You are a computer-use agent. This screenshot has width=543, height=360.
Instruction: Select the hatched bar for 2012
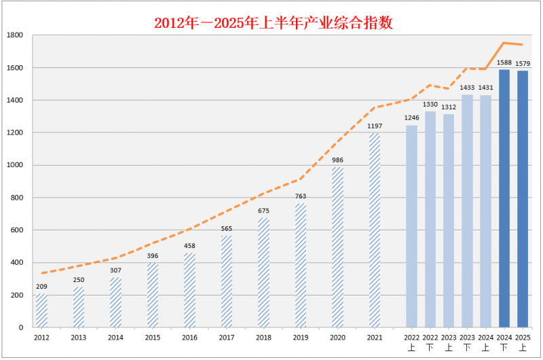[41, 310]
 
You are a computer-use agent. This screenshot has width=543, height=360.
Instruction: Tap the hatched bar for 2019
[301, 266]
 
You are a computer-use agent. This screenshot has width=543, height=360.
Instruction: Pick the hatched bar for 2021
[375, 230]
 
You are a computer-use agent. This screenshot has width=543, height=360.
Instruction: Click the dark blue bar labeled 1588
[504, 198]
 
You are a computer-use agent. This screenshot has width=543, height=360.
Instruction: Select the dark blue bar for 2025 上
[523, 199]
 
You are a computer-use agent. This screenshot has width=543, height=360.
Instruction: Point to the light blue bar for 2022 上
[411, 226]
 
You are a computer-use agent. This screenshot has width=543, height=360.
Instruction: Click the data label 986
[337, 160]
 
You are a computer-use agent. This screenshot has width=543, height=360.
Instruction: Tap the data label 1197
[375, 126]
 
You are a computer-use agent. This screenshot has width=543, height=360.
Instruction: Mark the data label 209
[41, 287]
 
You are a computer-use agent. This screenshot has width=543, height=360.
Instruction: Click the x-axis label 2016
[189, 338]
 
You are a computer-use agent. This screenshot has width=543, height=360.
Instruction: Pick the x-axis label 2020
[337, 338]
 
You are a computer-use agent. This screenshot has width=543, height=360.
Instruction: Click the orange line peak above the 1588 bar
[504, 43]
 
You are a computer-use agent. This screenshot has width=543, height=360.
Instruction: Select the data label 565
[227, 229]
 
